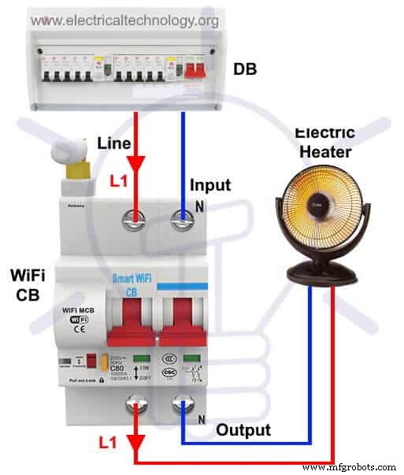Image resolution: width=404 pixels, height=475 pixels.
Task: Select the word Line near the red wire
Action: tap(113, 144)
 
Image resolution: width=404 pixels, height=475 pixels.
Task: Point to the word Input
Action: tap(210, 186)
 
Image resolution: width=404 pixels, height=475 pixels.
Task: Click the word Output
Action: tap(243, 430)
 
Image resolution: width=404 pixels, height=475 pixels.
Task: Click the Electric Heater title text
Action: tap(324, 143)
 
